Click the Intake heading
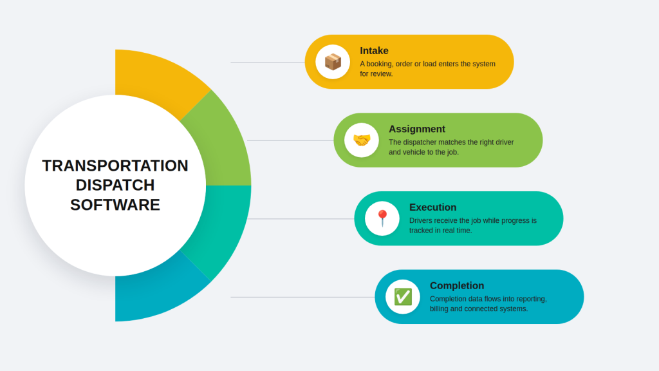click(x=374, y=50)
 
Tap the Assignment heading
click(x=417, y=129)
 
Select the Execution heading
click(x=433, y=207)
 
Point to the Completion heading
click(x=457, y=285)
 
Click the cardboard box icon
click(x=333, y=62)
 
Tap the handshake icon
click(x=362, y=140)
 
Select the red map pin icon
click(x=382, y=218)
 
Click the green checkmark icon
click(x=403, y=296)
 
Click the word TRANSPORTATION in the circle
click(x=115, y=166)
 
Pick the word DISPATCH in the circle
click(x=115, y=185)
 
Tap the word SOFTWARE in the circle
click(x=115, y=205)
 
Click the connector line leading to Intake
click(x=268, y=62)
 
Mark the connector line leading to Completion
click(x=302, y=297)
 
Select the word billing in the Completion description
click(x=439, y=309)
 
